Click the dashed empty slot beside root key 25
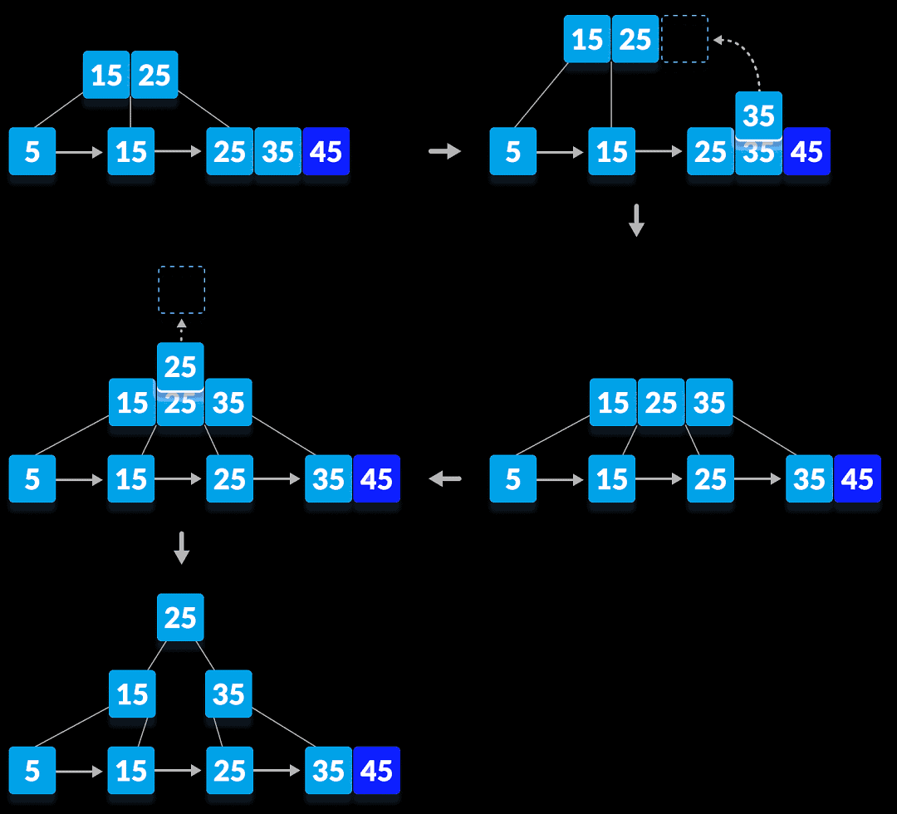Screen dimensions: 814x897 pyautogui.click(x=684, y=38)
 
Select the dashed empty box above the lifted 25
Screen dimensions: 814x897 pyautogui.click(x=181, y=290)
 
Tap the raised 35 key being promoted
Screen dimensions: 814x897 pyautogui.click(x=758, y=114)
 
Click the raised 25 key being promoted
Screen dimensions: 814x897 pyautogui.click(x=180, y=365)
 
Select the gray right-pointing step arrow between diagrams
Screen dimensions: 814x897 pyautogui.click(x=445, y=151)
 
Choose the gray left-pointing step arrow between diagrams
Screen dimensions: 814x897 pyautogui.click(x=445, y=478)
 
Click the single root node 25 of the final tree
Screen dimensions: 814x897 pyautogui.click(x=180, y=617)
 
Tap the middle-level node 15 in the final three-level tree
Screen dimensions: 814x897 pyautogui.click(x=132, y=694)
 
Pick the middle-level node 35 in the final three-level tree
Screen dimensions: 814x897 pyautogui.click(x=228, y=694)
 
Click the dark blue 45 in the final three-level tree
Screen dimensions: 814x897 pyautogui.click(x=376, y=770)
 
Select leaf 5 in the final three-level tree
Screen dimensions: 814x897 pyautogui.click(x=32, y=770)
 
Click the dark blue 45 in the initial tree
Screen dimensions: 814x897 pyautogui.click(x=326, y=151)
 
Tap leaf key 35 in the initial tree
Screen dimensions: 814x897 pyautogui.click(x=277, y=151)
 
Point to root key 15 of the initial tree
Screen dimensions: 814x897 pyautogui.click(x=106, y=75)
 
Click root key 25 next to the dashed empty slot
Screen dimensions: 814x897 pyautogui.click(x=635, y=39)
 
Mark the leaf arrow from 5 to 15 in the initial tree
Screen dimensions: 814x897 pyautogui.click(x=81, y=152)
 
